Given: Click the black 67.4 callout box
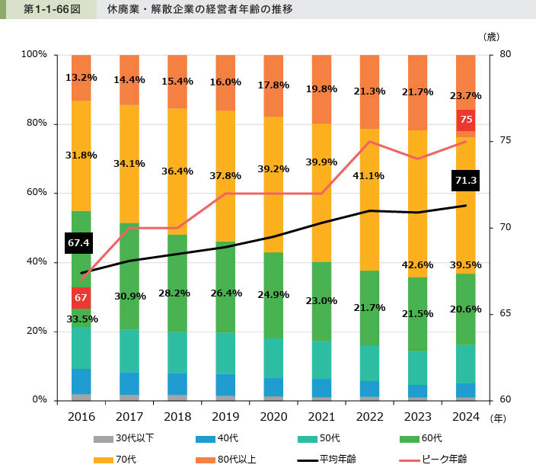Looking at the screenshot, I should pos(79,243).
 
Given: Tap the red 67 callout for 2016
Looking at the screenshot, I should pos(81,297).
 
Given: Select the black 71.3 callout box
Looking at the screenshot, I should pos(464,181).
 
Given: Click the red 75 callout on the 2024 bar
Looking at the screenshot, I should pos(466,120).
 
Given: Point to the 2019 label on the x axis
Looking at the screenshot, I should pos(225,418).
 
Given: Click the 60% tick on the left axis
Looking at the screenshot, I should pos(34,193).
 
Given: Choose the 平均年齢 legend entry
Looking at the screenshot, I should pos(336,459).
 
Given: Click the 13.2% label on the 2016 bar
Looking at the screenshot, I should pos(81,78).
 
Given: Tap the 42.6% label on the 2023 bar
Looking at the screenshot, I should pos(417,265).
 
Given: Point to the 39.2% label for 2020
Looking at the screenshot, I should pos(273,169).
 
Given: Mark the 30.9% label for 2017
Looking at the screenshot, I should pos(129,296).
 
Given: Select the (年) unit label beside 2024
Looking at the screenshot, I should pos(498,418).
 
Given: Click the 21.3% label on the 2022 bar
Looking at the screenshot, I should pos(369,91).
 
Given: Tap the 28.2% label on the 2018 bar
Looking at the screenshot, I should pos(177,292).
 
